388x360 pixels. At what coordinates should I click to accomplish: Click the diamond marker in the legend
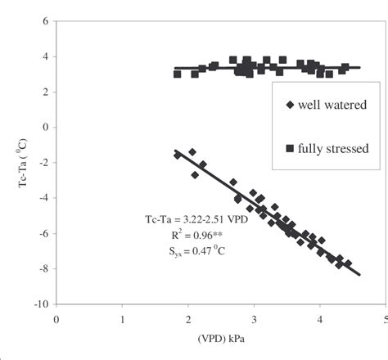point(289,104)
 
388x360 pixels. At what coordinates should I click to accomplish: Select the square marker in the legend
point(289,147)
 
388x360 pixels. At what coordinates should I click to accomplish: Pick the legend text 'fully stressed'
point(334,147)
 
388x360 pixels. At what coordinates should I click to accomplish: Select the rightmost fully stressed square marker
point(345,68)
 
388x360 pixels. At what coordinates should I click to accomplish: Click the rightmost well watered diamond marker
point(348,263)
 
